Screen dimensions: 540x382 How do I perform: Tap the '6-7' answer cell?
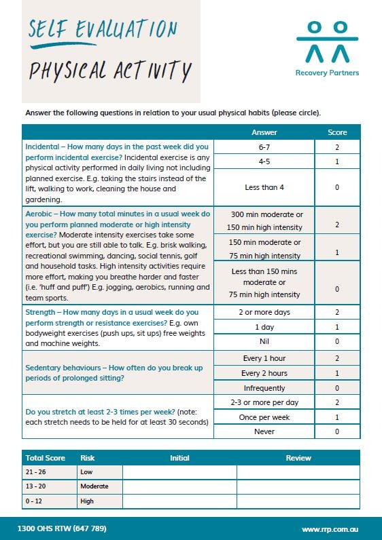coord(264,147)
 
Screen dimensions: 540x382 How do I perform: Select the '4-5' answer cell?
coord(264,162)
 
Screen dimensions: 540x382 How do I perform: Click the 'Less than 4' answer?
coord(264,187)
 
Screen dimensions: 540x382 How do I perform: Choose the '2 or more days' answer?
coord(264,312)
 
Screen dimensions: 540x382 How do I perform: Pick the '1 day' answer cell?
coord(264,327)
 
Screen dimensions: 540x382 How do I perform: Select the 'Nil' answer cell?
coord(264,341)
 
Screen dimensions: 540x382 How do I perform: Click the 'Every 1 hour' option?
coord(264,358)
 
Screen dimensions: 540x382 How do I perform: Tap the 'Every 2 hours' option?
coord(264,373)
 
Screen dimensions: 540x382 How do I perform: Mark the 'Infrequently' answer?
coord(264,387)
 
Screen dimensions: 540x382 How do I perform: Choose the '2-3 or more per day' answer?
coord(264,402)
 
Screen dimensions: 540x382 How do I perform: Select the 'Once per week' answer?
coord(264,417)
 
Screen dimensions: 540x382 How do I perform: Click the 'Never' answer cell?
coord(264,431)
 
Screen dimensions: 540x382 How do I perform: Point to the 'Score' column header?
coord(337,132)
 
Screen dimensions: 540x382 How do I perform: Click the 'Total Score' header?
coord(45,458)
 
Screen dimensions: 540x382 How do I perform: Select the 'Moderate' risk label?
coord(94,486)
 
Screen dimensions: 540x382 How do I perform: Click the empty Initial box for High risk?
coord(179,501)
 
